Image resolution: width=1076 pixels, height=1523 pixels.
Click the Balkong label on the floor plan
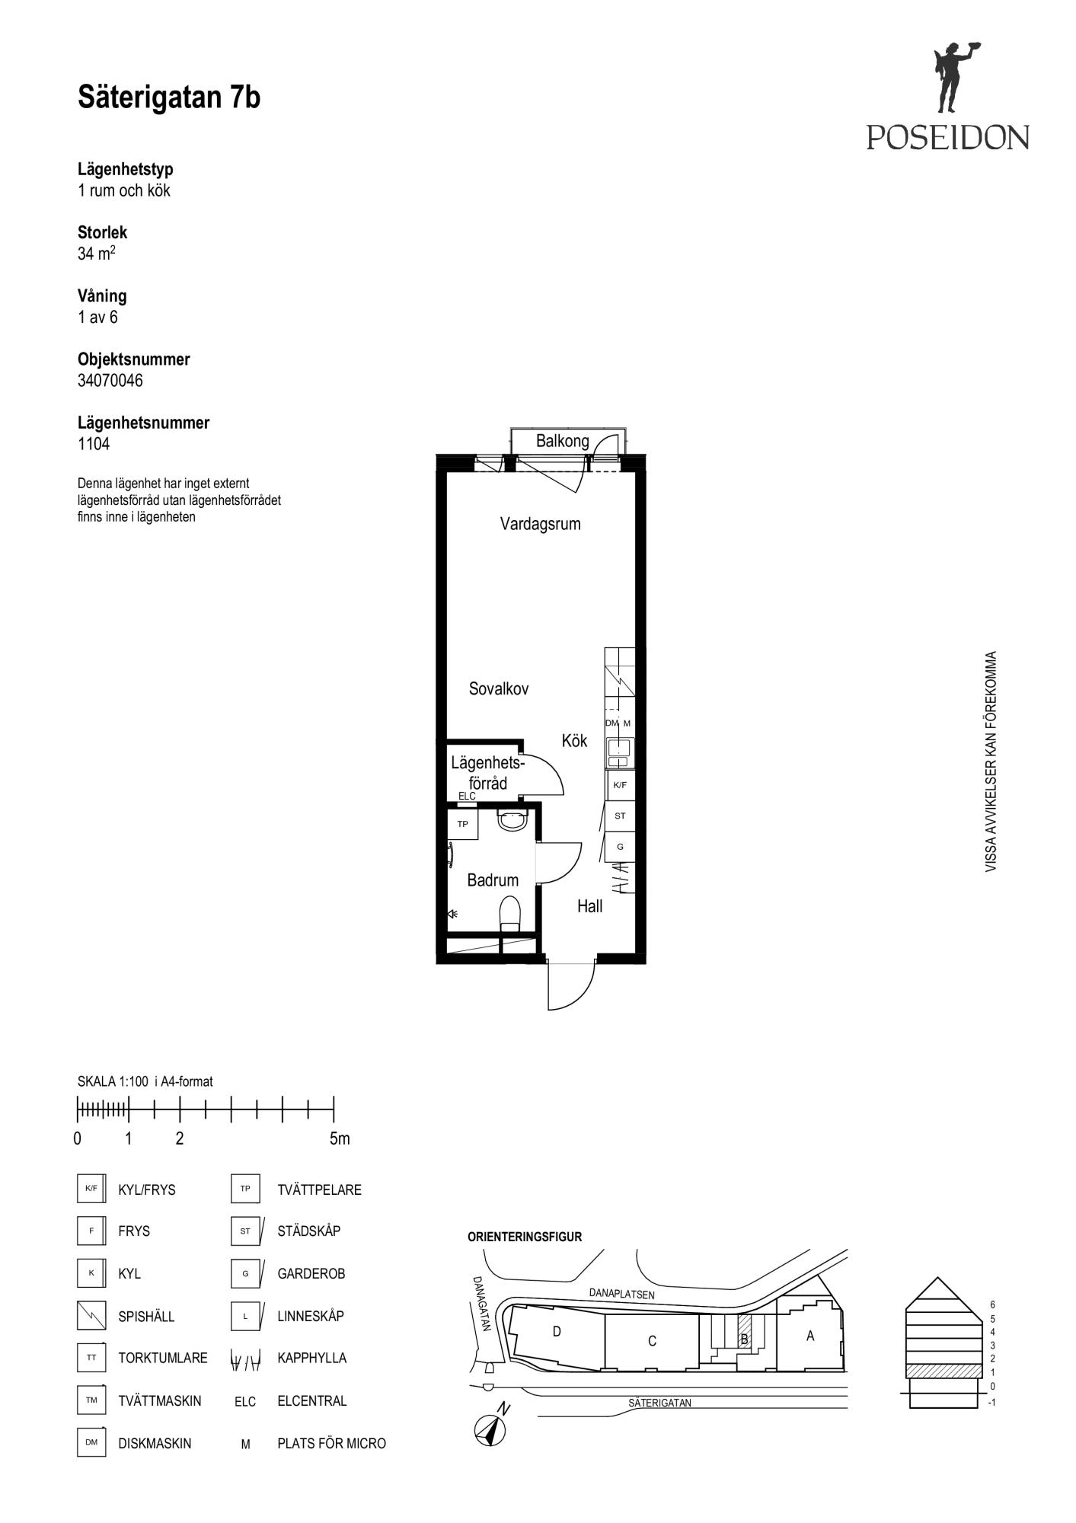point(562,441)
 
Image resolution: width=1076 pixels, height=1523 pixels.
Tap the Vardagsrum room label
point(540,524)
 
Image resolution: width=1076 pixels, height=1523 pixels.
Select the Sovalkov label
point(499,688)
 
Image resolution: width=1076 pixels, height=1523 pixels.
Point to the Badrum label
point(493,880)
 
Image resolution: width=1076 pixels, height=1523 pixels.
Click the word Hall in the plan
point(589,906)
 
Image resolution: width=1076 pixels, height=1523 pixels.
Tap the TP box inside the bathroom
point(463,824)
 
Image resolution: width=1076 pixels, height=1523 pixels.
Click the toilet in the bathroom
point(509,914)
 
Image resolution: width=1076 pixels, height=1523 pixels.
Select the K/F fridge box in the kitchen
point(620,785)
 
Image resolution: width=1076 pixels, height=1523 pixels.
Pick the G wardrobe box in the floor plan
point(620,846)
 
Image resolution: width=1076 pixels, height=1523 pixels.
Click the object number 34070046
point(110,381)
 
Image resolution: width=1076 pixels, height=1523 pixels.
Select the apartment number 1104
point(94,444)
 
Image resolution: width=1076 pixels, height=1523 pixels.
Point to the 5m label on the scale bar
point(340,1138)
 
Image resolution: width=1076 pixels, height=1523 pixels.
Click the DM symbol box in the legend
point(91,1442)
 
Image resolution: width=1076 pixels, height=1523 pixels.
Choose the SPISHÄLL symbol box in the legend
point(91,1315)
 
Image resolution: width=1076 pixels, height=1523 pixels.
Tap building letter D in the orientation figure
point(557,1331)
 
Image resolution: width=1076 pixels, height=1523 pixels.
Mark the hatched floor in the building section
point(942,1371)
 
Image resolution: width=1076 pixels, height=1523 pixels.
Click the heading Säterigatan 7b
point(169,97)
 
